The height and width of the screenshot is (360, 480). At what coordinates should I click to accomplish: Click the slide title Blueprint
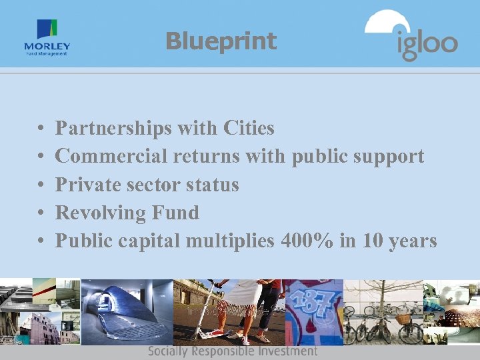(x=221, y=41)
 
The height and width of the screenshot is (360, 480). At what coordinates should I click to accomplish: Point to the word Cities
(x=249, y=127)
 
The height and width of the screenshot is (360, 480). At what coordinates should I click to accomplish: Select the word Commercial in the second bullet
(x=111, y=156)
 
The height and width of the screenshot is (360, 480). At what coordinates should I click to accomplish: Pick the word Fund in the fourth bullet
(x=175, y=213)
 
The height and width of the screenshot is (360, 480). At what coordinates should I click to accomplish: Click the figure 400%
(x=307, y=241)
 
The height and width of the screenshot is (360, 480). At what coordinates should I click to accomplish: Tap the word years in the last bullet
(x=409, y=241)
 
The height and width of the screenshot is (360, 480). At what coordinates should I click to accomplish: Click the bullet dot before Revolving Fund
(x=41, y=213)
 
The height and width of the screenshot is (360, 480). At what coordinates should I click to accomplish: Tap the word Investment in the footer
(x=287, y=351)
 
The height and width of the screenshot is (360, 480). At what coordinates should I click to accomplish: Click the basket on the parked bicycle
(x=405, y=318)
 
